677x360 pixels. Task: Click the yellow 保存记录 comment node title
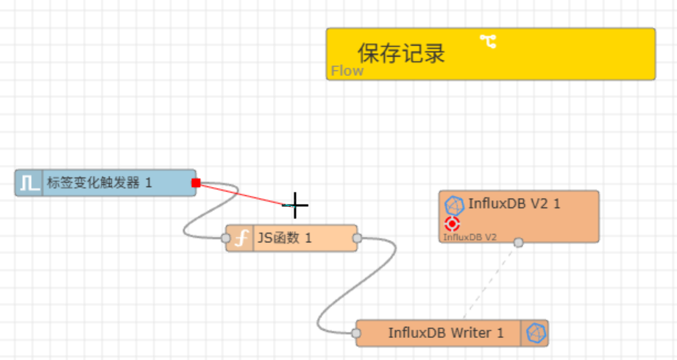point(401,53)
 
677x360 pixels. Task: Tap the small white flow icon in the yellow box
point(488,41)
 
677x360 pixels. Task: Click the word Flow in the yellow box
point(347,71)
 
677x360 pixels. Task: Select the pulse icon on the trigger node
point(30,183)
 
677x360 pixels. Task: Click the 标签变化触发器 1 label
point(99,183)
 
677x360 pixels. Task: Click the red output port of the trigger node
point(196,183)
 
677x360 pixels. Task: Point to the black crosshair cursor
point(295,205)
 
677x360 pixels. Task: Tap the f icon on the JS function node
point(239,239)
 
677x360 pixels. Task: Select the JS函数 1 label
point(285,238)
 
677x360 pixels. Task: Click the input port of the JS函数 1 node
point(226,238)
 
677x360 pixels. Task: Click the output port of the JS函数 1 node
point(357,238)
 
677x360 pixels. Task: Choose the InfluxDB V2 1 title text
point(514,204)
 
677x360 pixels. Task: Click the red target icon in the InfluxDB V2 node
point(453,224)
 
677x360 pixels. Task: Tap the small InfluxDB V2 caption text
point(469,237)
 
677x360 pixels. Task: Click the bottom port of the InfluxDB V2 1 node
point(518,242)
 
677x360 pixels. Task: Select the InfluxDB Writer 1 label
point(446,333)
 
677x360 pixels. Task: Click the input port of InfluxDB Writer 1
point(356,333)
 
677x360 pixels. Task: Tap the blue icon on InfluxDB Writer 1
point(535,333)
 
